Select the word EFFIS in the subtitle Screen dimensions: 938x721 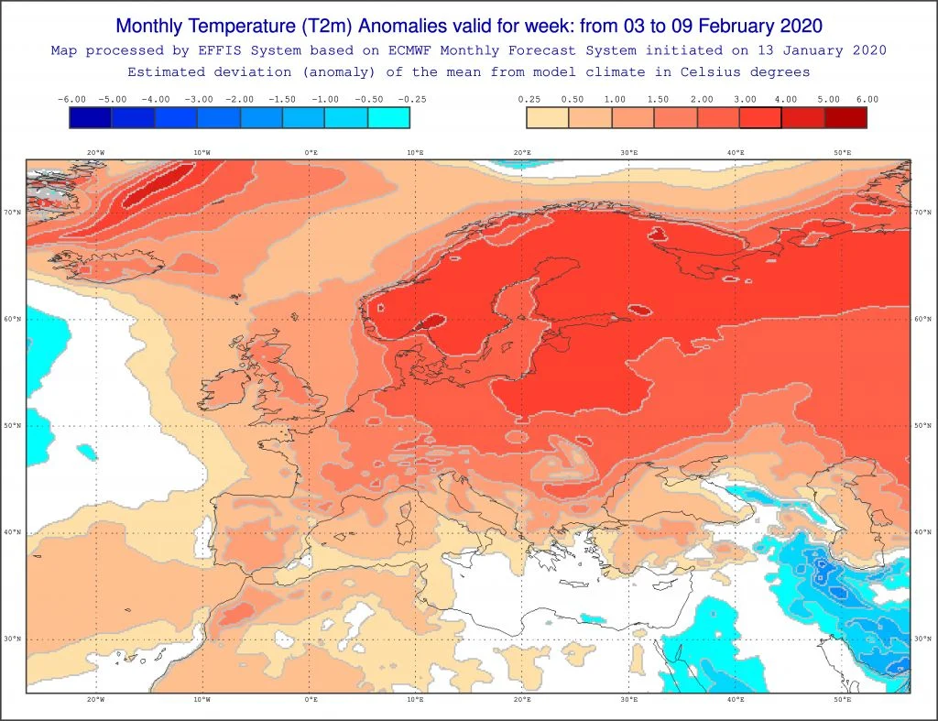pyautogui.click(x=224, y=51)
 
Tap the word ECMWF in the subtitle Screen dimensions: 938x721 pyautogui.click(x=409, y=51)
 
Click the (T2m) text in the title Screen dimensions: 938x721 pyautogui.click(x=327, y=27)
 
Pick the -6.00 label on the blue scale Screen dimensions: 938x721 pyautogui.click(x=71, y=99)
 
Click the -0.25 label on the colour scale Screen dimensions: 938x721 pyautogui.click(x=412, y=99)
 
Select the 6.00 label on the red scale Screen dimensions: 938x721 pyautogui.click(x=867, y=99)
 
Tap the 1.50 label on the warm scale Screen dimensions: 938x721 pyautogui.click(x=658, y=99)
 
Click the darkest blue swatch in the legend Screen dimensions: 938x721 pyautogui.click(x=91, y=117)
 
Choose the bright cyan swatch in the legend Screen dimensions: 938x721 pyautogui.click(x=388, y=117)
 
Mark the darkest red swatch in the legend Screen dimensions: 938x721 pyautogui.click(x=845, y=117)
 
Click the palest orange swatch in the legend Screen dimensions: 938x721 pyautogui.click(x=548, y=117)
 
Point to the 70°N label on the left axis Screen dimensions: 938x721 pyautogui.click(x=13, y=213)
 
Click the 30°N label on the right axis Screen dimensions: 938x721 pyautogui.click(x=922, y=639)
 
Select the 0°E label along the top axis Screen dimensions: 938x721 pyautogui.click(x=311, y=153)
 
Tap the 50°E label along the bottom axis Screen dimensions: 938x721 pyautogui.click(x=843, y=699)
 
